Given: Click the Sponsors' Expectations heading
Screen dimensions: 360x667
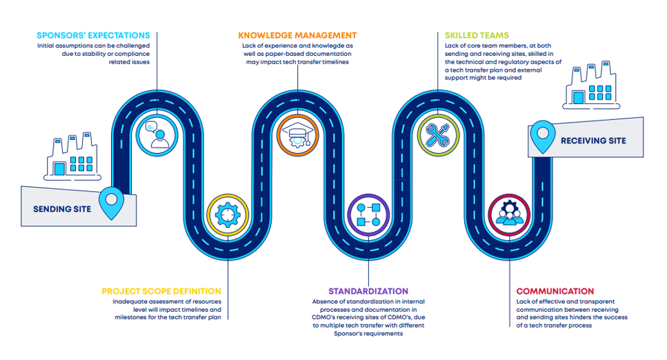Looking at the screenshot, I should (93, 35).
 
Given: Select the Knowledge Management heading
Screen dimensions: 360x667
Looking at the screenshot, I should (297, 35).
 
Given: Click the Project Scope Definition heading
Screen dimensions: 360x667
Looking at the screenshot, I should (161, 292).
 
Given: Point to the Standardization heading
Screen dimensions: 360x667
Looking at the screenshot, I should (368, 292).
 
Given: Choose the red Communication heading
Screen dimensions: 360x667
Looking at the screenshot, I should (555, 292).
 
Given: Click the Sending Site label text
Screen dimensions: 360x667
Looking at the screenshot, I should (62, 209).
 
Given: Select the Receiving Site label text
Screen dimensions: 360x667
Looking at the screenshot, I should (593, 141).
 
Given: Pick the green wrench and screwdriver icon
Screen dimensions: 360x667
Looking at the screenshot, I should (437, 134).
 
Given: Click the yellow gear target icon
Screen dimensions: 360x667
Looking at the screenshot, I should (226, 214).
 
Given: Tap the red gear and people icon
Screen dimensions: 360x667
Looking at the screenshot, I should (508, 214).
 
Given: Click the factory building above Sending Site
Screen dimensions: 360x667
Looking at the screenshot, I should (73, 158).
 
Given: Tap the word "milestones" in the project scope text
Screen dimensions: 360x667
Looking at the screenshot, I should (132, 318).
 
